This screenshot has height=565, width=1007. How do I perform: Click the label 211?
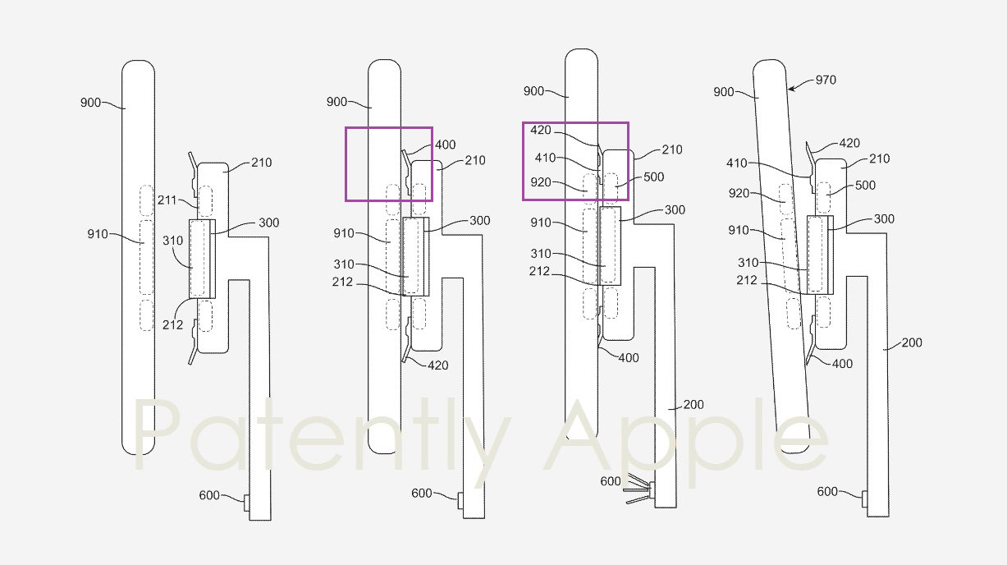click(167, 200)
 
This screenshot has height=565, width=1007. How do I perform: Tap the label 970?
click(826, 80)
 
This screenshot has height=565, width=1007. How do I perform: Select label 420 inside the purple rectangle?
click(540, 130)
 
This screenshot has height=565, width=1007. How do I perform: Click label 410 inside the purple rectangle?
click(545, 158)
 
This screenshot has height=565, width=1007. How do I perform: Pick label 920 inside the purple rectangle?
click(541, 182)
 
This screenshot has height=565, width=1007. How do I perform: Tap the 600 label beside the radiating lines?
click(611, 481)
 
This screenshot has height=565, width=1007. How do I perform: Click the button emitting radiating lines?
click(651, 489)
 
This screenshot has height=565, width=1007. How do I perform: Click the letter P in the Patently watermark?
click(156, 435)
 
